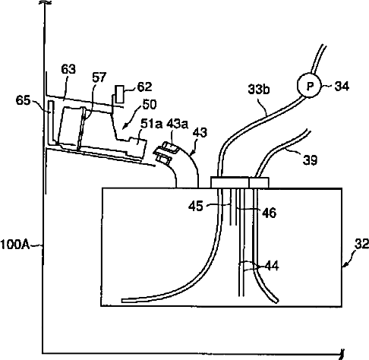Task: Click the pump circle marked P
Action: [x=309, y=86]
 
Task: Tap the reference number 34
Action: [x=342, y=87]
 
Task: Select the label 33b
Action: [x=259, y=90]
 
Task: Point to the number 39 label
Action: [x=310, y=160]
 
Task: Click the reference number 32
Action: [x=361, y=244]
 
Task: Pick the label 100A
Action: [x=15, y=245]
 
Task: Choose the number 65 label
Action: [x=23, y=100]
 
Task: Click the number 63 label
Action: [x=68, y=69]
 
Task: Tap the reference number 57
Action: [x=99, y=77]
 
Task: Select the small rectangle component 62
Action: [x=119, y=94]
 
